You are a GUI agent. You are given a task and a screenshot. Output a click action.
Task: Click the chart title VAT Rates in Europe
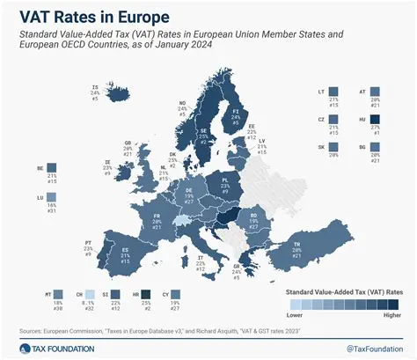(84, 15)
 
